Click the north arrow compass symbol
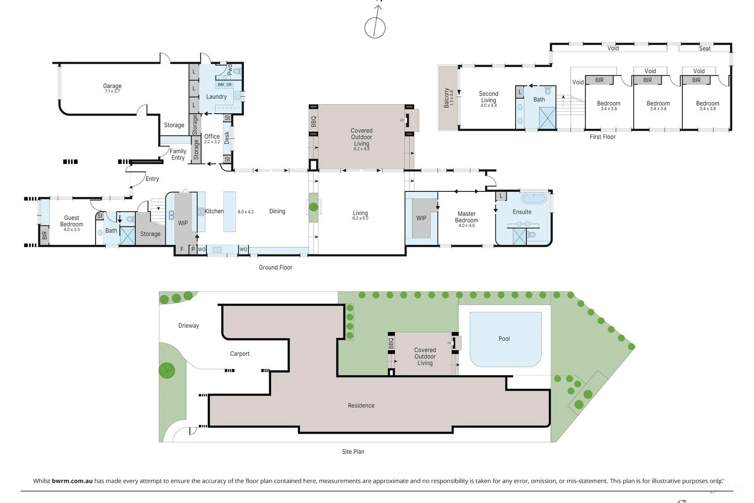[375, 26]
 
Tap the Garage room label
[112, 86]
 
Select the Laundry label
[216, 97]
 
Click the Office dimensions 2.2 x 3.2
[212, 142]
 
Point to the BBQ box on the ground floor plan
[313, 122]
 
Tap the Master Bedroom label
[467, 217]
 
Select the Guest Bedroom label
[72, 221]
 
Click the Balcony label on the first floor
[446, 98]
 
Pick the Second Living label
[488, 97]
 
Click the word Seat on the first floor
[705, 49]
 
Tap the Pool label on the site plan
[504, 338]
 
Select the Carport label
[239, 354]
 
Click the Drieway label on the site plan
[188, 326]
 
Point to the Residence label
[361, 405]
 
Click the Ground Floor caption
[275, 267]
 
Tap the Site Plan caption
[353, 452]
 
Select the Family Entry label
[178, 155]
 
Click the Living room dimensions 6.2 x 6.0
[360, 219]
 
